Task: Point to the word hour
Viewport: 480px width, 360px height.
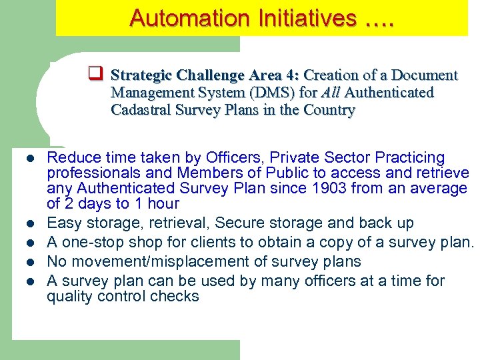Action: click(161, 204)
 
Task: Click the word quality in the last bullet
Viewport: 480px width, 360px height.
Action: click(68, 297)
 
